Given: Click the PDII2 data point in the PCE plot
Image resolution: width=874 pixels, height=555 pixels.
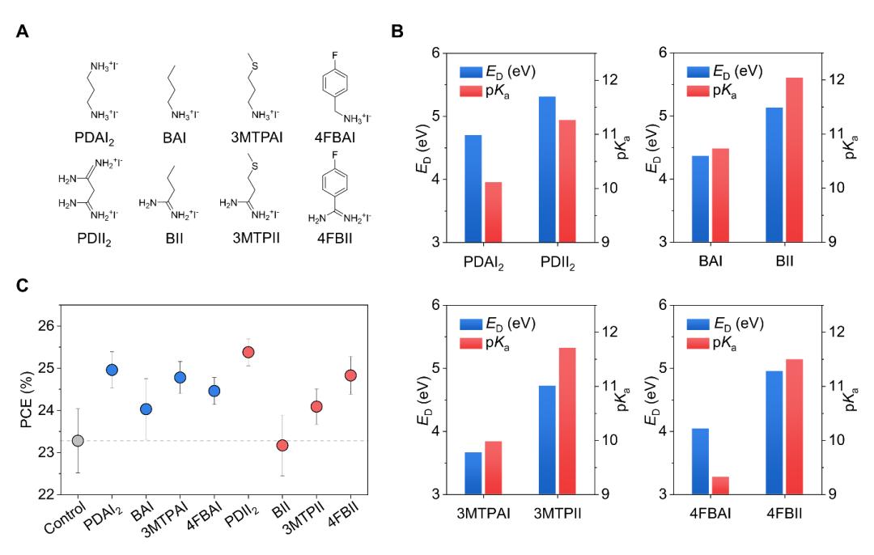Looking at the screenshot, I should (248, 352).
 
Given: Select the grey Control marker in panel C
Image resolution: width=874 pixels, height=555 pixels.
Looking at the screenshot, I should (78, 440).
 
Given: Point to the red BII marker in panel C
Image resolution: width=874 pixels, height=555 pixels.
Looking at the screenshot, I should (282, 445).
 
